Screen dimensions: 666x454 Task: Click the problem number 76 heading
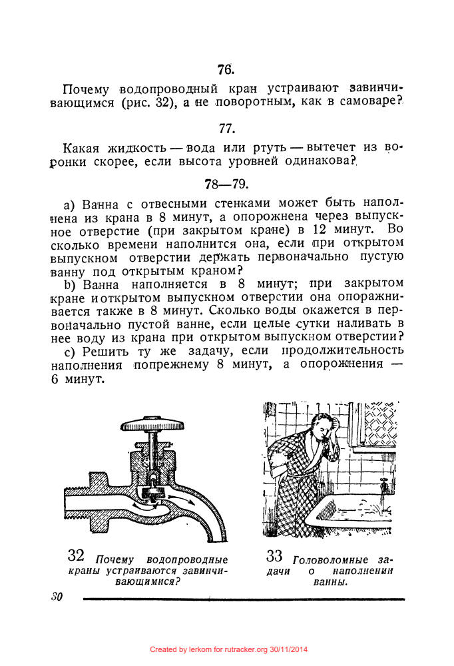point(225,69)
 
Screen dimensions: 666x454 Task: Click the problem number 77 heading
point(226,129)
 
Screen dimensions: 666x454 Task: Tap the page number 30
point(56,597)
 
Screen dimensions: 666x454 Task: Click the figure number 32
point(75,555)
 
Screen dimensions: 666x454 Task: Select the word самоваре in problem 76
point(363,103)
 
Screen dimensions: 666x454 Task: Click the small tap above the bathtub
point(383,482)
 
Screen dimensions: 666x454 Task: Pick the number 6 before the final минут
point(54,379)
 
